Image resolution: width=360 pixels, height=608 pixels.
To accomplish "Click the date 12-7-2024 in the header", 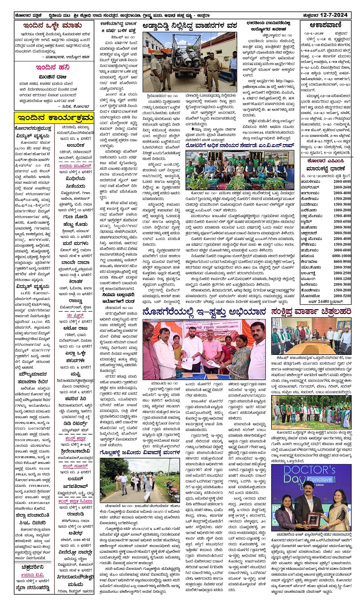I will pos(333,15).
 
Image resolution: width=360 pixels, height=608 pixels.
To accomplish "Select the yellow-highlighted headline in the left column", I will pos(54,117).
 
